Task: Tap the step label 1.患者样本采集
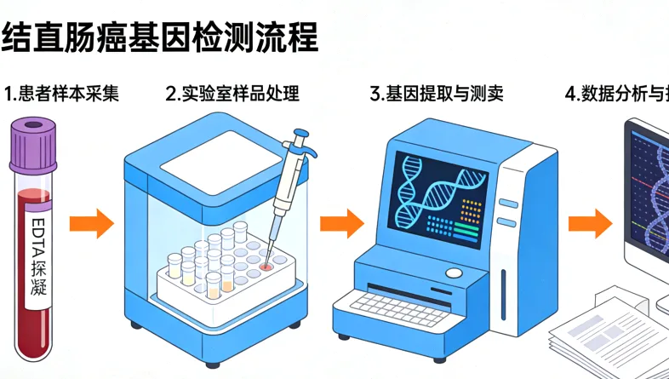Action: click(60, 94)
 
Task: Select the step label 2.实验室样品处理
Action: click(232, 94)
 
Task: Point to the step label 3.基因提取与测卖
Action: click(437, 94)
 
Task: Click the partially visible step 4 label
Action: click(617, 94)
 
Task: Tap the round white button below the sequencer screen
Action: click(455, 273)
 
